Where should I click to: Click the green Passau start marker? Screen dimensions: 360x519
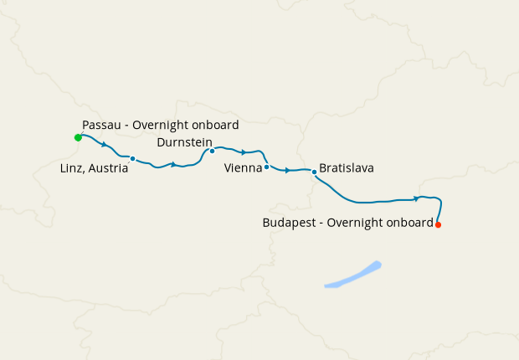[x=78, y=136]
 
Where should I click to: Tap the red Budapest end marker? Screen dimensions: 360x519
[x=438, y=224]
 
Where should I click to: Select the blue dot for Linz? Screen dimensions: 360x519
[x=132, y=158]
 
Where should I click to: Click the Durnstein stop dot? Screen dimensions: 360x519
[x=212, y=152]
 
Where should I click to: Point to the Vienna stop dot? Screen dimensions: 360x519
[x=266, y=167]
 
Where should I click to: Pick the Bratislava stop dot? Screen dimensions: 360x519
[x=314, y=172]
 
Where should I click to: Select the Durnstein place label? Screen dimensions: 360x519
[x=184, y=141]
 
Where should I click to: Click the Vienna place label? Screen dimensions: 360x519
[x=244, y=168]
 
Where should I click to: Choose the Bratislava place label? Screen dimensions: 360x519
[x=347, y=168]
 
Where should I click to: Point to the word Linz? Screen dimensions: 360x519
[x=74, y=168]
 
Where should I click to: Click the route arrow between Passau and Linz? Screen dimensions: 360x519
[x=104, y=145]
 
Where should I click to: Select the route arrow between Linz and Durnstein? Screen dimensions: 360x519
[x=173, y=164]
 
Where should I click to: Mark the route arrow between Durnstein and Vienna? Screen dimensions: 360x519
[x=244, y=152]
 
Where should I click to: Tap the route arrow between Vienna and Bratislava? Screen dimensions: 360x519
[x=287, y=170]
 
